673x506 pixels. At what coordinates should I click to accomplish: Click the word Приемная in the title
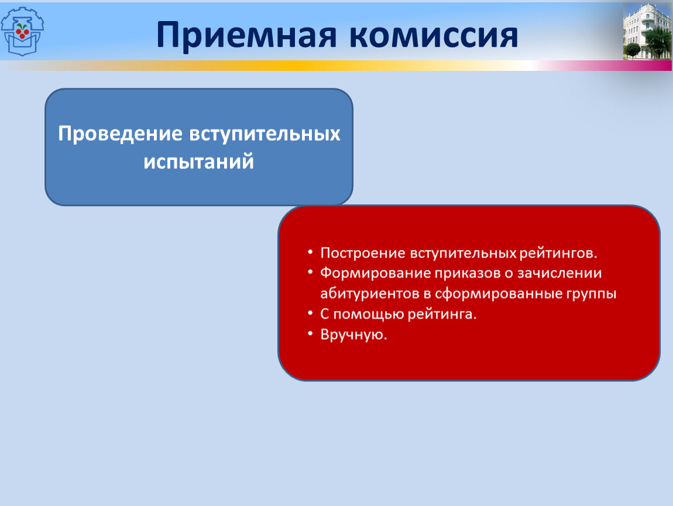coord(246,35)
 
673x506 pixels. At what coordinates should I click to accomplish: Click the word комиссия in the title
coord(434,35)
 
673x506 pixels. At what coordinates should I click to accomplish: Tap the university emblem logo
coord(22,32)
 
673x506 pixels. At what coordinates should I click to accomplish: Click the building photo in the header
coord(647,31)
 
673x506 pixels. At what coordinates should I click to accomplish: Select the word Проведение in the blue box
coord(121,134)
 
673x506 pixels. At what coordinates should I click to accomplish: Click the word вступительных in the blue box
coord(265,134)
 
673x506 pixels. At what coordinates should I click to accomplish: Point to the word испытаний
coord(199,162)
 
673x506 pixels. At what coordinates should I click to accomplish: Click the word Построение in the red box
coord(363,253)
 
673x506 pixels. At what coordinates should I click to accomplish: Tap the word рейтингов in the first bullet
coord(558,253)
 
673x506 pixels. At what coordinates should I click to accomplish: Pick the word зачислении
coord(559,273)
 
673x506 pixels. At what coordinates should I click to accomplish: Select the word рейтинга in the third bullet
coord(442,314)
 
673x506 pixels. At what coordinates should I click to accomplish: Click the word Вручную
coord(353,334)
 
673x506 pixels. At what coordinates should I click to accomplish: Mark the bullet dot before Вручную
coord(310,333)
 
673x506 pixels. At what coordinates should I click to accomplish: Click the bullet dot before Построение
coord(310,252)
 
